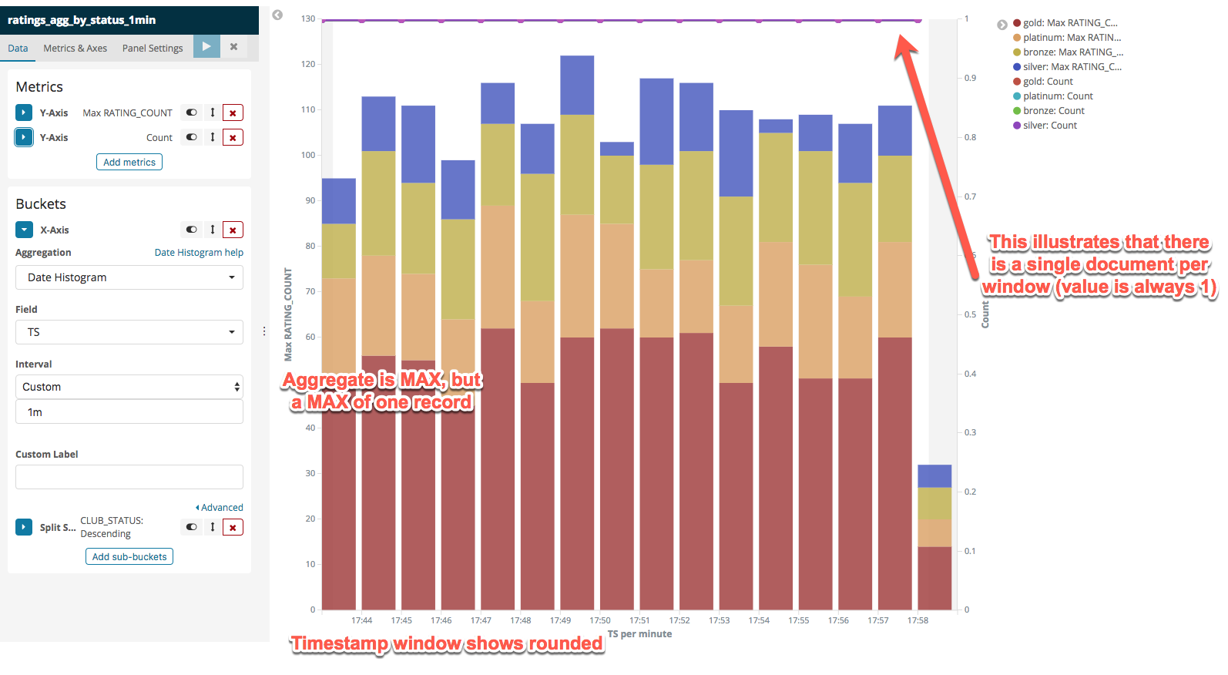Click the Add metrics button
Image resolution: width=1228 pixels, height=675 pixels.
pyautogui.click(x=129, y=162)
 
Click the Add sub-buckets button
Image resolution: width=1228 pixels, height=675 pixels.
pyautogui.click(x=129, y=556)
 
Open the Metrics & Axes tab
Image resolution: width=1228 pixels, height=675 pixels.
pyautogui.click(x=75, y=48)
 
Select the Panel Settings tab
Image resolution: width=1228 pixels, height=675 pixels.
pyautogui.click(x=153, y=48)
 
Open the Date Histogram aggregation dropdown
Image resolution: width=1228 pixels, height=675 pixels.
pyautogui.click(x=129, y=277)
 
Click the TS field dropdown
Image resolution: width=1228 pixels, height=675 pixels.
pyautogui.click(x=129, y=332)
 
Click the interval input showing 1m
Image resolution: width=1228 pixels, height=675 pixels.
pyautogui.click(x=129, y=412)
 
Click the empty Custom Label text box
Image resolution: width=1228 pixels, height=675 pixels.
pyautogui.click(x=129, y=477)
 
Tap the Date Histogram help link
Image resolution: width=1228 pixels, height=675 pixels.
pyautogui.click(x=199, y=252)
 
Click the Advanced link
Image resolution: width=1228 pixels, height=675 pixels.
pyautogui.click(x=221, y=507)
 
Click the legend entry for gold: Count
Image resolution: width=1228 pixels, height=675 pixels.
pyautogui.click(x=1048, y=82)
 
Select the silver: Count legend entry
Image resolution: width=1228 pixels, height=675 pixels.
pyautogui.click(x=1049, y=126)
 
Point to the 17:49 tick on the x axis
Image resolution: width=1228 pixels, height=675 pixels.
pyautogui.click(x=560, y=620)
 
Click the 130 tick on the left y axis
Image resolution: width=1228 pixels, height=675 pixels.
pyautogui.click(x=308, y=18)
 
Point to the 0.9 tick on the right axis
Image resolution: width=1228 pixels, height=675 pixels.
pyautogui.click(x=970, y=78)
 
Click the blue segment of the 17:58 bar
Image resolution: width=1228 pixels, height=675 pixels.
pyautogui.click(x=934, y=475)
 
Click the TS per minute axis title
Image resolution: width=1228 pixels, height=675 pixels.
pyautogui.click(x=639, y=634)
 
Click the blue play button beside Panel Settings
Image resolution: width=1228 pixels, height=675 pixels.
pyautogui.click(x=206, y=46)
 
